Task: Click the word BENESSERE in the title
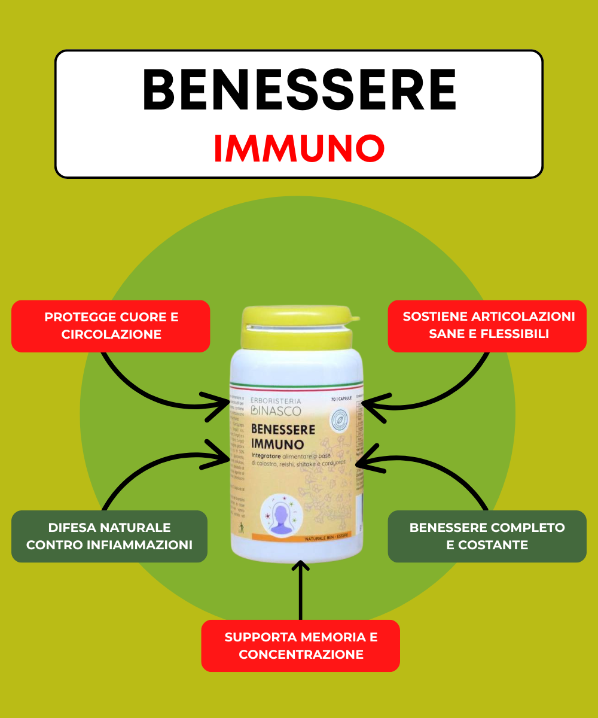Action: point(299,91)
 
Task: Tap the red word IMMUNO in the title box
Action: point(299,149)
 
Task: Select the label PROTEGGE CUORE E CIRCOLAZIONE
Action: point(111,325)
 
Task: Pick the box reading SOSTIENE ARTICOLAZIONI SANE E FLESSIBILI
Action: point(488,325)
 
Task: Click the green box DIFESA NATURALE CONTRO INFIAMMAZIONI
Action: point(109,536)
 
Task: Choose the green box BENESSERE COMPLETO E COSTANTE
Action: point(487,536)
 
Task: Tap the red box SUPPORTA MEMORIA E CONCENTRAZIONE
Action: point(301,646)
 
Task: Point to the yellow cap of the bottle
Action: point(297,327)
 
